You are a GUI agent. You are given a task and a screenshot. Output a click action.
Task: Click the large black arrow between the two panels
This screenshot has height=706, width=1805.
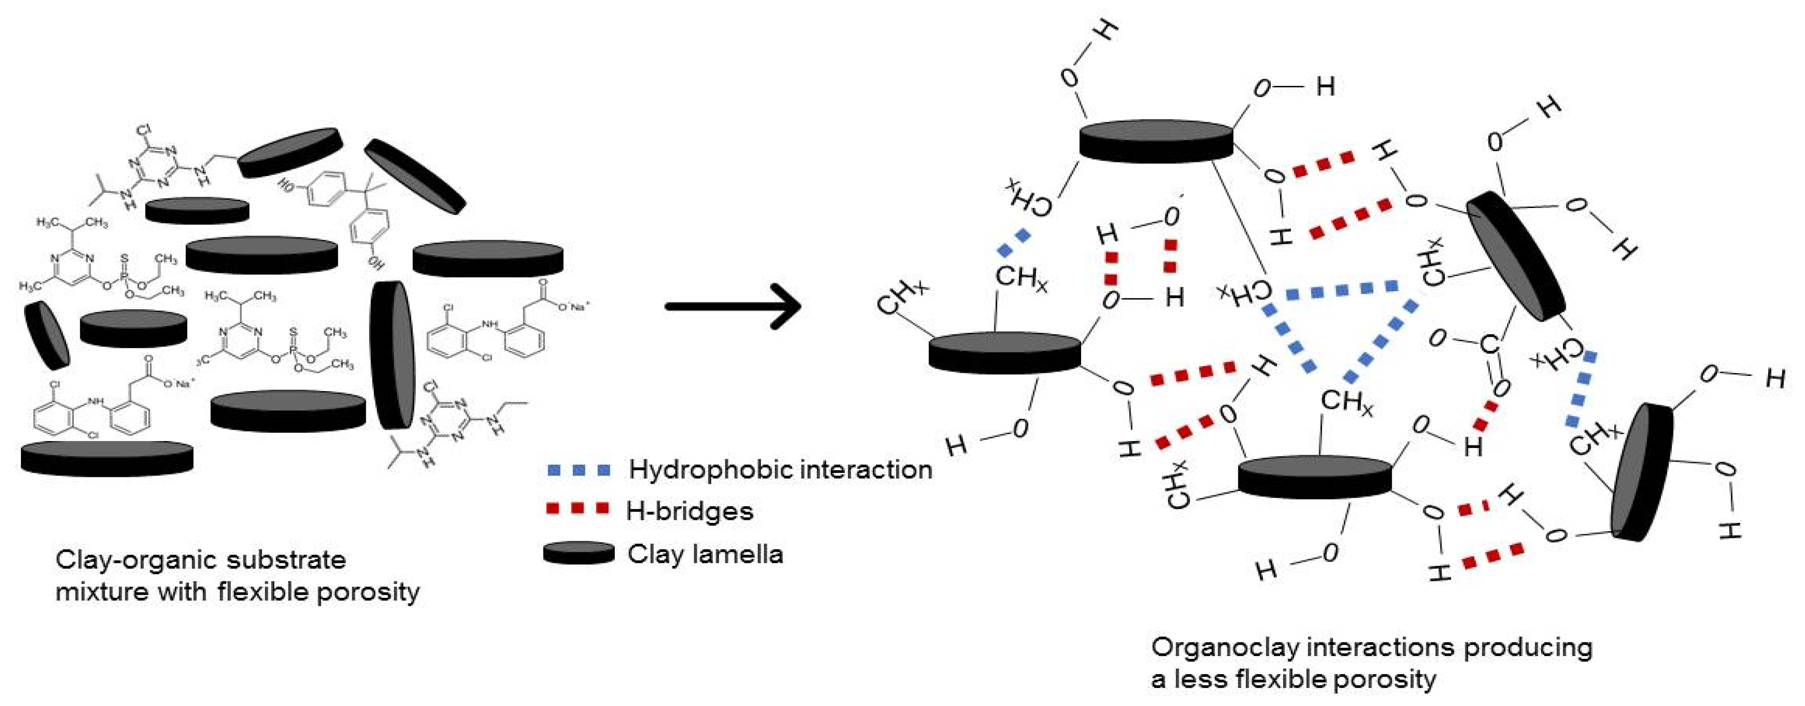(732, 306)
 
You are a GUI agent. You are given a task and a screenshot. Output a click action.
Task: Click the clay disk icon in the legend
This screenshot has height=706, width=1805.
(579, 553)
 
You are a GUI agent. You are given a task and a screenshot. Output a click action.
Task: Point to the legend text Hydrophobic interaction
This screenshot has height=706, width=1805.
(780, 469)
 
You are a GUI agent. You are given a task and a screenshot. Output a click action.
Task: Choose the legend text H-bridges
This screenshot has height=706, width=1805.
(689, 511)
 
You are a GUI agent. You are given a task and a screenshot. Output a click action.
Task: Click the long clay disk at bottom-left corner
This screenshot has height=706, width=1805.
(107, 459)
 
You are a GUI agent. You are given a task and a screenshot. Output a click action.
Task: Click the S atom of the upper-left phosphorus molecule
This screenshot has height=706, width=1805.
(125, 259)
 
